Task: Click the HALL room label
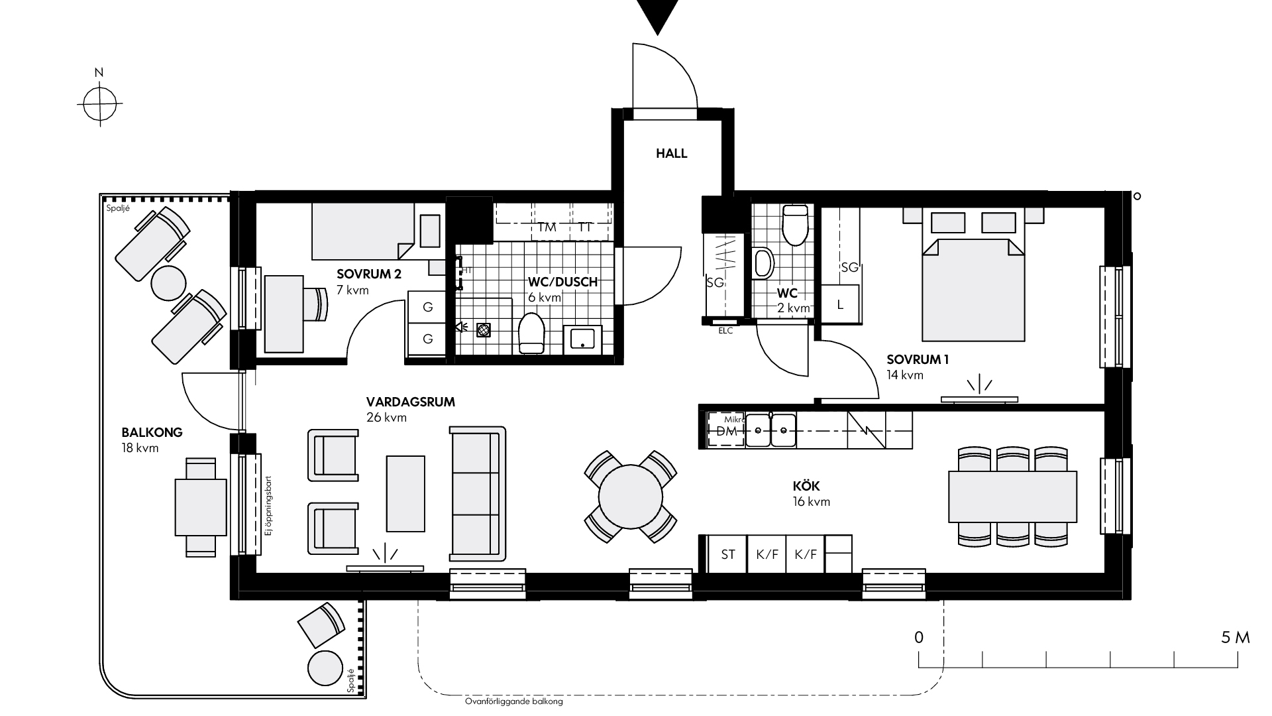672,154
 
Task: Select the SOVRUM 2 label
369,274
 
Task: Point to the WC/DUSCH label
562,282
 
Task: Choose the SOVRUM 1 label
918,360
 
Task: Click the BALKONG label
152,433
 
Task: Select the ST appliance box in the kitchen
728,554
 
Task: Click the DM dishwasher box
727,430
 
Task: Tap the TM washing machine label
547,227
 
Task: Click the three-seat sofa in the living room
478,494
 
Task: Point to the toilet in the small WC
795,225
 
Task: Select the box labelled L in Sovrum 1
841,305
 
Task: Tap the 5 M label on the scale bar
1236,638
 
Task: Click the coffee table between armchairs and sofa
405,493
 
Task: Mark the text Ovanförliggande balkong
513,701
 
